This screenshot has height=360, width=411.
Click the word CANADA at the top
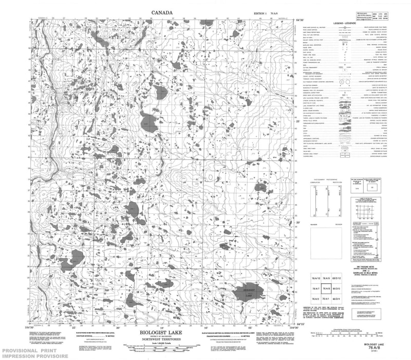pos(162,12)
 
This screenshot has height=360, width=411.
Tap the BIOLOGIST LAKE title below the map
pos(161,333)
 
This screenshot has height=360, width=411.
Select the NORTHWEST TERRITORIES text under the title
pos(161,338)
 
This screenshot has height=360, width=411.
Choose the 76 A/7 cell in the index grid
pos(316,289)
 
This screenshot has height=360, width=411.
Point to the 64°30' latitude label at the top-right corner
pos(302,19)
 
